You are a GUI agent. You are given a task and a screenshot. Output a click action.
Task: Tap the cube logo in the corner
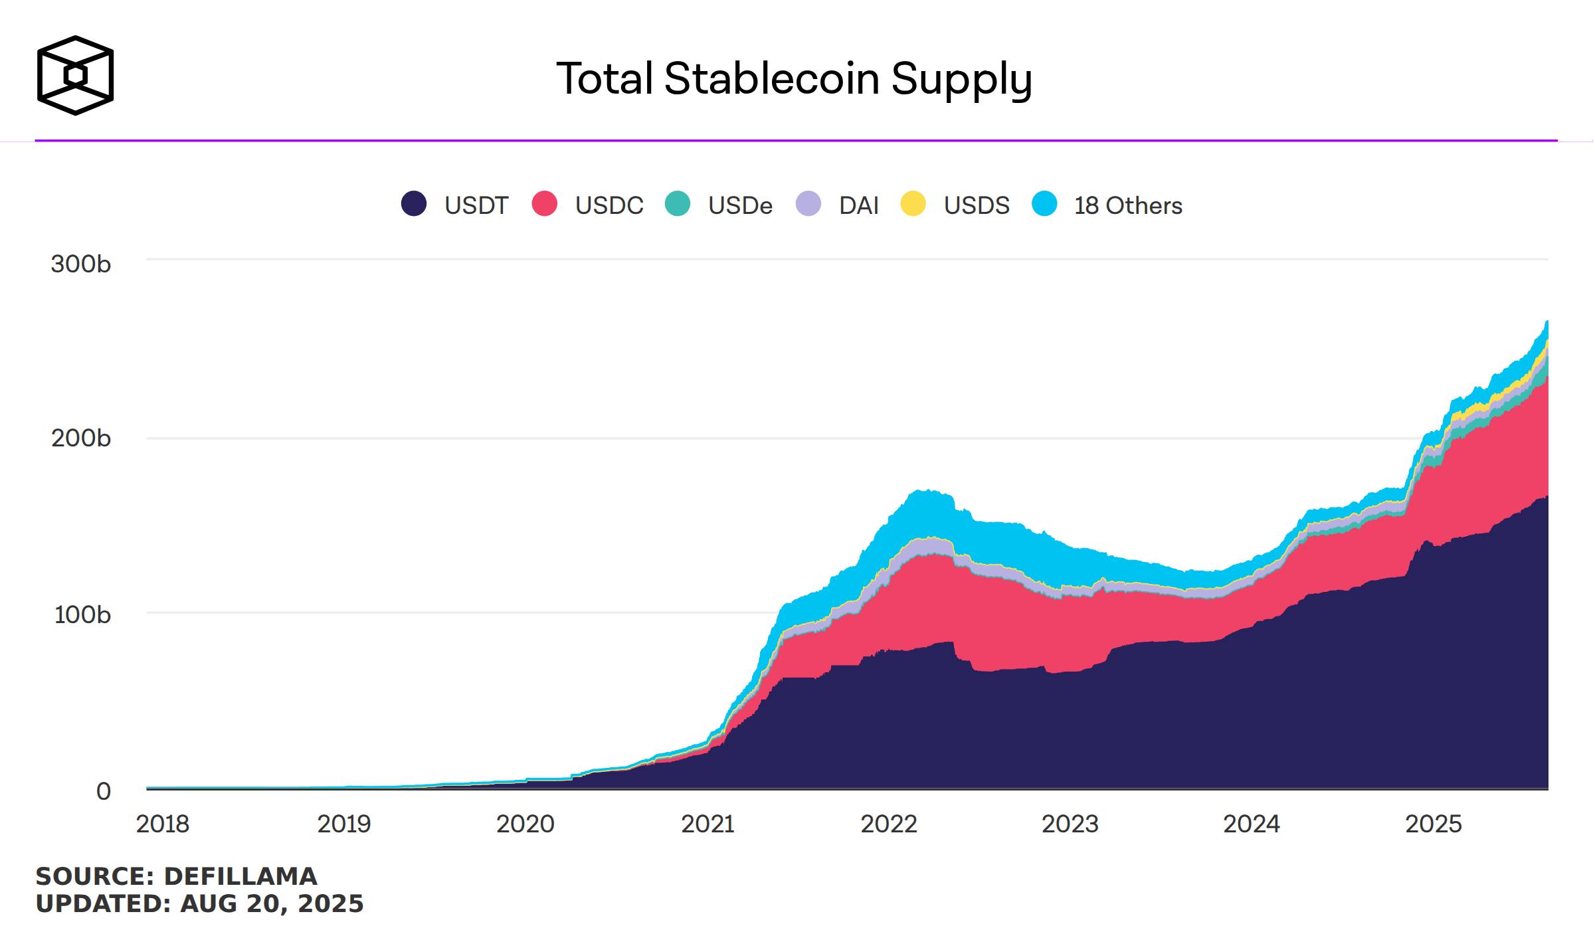pyautogui.click(x=75, y=75)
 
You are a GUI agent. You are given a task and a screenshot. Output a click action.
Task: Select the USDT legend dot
pyautogui.click(x=413, y=203)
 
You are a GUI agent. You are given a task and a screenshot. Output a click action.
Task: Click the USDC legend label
pyautogui.click(x=609, y=205)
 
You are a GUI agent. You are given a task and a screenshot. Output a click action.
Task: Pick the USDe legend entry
pyautogui.click(x=719, y=205)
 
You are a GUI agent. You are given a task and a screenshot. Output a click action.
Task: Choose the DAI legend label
pyautogui.click(x=859, y=205)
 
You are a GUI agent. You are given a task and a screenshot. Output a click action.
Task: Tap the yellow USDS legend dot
pyautogui.click(x=913, y=203)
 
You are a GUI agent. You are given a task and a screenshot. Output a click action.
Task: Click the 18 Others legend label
pyautogui.click(x=1128, y=205)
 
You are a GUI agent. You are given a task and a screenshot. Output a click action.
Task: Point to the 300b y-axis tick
pyautogui.click(x=80, y=264)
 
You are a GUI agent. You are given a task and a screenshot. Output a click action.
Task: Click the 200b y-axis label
pyautogui.click(x=80, y=438)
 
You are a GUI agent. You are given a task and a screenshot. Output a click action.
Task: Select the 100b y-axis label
pyautogui.click(x=82, y=614)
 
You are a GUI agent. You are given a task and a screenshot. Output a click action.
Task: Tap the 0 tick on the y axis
pyautogui.click(x=104, y=791)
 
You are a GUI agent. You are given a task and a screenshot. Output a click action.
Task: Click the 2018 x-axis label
pyautogui.click(x=163, y=824)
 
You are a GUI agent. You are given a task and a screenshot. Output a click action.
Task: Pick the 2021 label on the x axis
pyautogui.click(x=707, y=824)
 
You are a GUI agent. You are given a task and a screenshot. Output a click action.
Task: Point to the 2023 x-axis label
pyautogui.click(x=1070, y=824)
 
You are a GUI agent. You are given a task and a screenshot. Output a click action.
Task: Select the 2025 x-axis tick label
pyautogui.click(x=1434, y=824)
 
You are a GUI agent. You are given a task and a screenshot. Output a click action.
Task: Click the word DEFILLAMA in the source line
pyautogui.click(x=240, y=876)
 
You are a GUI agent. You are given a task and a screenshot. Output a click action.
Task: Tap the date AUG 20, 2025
pyautogui.click(x=272, y=903)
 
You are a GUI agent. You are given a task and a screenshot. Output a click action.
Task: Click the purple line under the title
pyautogui.click(x=796, y=140)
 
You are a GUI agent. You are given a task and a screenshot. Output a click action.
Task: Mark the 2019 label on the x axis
pyautogui.click(x=343, y=824)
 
